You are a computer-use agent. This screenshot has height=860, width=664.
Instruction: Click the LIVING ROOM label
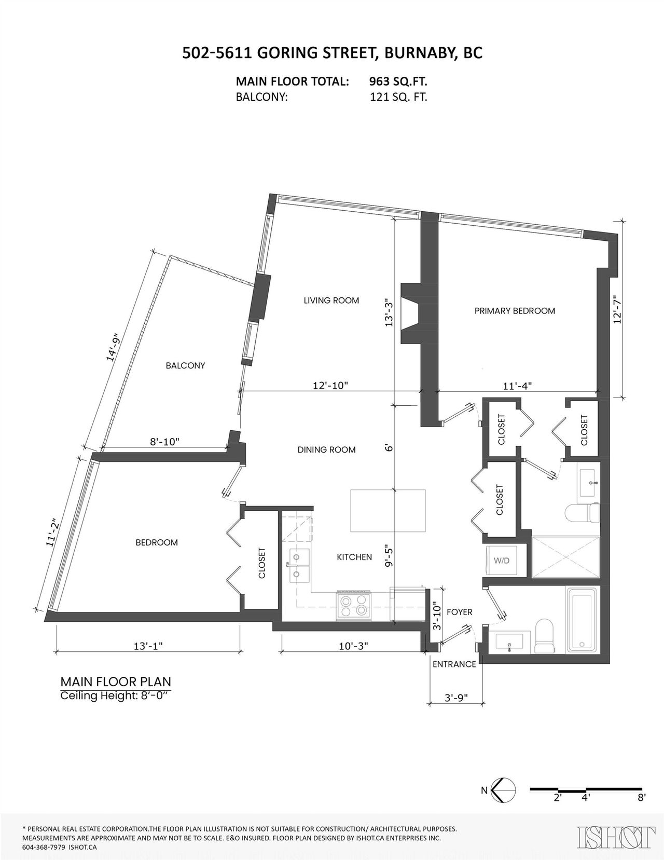[331, 301]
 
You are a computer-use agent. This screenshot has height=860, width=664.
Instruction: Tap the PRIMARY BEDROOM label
[515, 311]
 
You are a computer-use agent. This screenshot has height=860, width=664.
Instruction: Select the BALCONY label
[185, 365]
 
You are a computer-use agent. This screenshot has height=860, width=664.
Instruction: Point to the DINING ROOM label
[326, 449]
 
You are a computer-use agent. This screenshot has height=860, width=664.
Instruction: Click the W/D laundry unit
[502, 561]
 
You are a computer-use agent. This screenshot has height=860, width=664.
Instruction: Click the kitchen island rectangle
[388, 511]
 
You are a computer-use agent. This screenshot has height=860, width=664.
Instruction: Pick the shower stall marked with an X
[566, 557]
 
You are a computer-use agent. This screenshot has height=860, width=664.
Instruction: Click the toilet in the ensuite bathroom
[583, 513]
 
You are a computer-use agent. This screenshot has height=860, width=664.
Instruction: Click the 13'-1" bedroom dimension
[148, 646]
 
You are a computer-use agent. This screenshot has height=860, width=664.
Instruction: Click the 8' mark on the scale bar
[642, 798]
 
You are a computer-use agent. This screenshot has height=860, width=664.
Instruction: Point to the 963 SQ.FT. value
[398, 81]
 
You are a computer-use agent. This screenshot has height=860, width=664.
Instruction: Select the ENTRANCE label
[454, 664]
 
